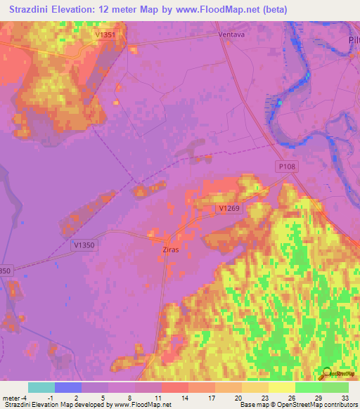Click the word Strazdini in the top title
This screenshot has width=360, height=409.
click(33, 10)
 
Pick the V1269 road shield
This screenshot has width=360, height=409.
click(229, 209)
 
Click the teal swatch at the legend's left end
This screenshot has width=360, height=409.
click(41, 387)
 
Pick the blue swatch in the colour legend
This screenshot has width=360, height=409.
click(67, 387)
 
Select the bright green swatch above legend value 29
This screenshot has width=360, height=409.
click(308, 387)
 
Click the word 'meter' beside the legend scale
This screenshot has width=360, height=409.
click(11, 397)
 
